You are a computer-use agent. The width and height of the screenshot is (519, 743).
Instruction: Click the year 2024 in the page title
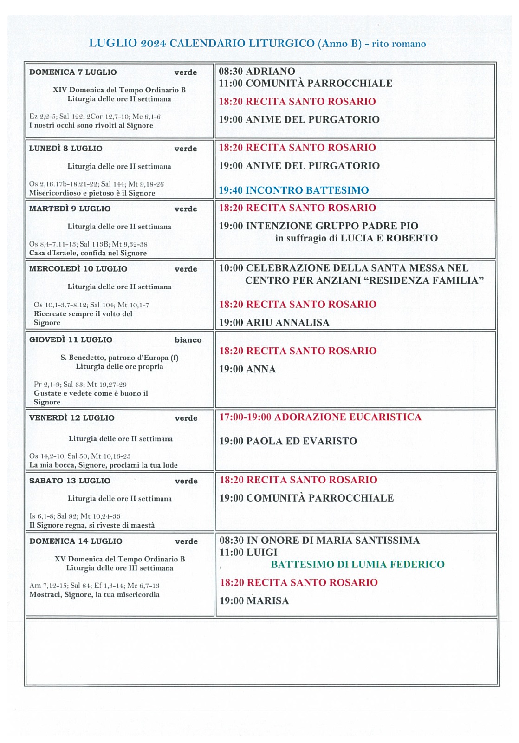153,44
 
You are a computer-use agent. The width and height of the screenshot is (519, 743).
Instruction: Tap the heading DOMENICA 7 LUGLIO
73,72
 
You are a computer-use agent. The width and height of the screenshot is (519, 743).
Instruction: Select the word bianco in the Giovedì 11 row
188,340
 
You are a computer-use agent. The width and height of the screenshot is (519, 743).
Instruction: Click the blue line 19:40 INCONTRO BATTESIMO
293,190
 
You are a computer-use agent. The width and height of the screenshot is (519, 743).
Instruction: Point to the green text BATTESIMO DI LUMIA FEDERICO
357,564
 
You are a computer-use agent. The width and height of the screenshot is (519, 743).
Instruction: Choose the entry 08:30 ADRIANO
257,71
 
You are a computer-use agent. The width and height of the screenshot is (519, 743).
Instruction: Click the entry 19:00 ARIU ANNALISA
274,322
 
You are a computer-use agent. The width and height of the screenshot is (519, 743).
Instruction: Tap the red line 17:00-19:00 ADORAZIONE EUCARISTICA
320,417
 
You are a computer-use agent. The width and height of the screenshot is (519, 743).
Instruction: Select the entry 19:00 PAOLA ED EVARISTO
288,441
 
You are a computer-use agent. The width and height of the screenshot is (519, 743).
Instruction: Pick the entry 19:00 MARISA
254,600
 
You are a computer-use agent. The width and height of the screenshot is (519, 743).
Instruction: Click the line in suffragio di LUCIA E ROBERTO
356,238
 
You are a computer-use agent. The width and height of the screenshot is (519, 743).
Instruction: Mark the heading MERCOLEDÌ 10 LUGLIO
78,269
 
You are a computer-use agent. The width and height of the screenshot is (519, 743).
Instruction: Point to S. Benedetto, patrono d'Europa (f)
119,358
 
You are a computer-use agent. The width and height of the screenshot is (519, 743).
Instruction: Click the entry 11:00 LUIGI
248,552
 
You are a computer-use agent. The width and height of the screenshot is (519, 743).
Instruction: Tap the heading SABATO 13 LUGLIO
70,481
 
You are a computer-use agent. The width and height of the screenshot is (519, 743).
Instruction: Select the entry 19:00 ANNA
247,369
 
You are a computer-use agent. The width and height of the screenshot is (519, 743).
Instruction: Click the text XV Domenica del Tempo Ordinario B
120,559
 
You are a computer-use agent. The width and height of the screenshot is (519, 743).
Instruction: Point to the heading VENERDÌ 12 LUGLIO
71,418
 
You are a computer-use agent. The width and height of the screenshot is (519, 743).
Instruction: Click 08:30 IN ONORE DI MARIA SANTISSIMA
319,540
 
